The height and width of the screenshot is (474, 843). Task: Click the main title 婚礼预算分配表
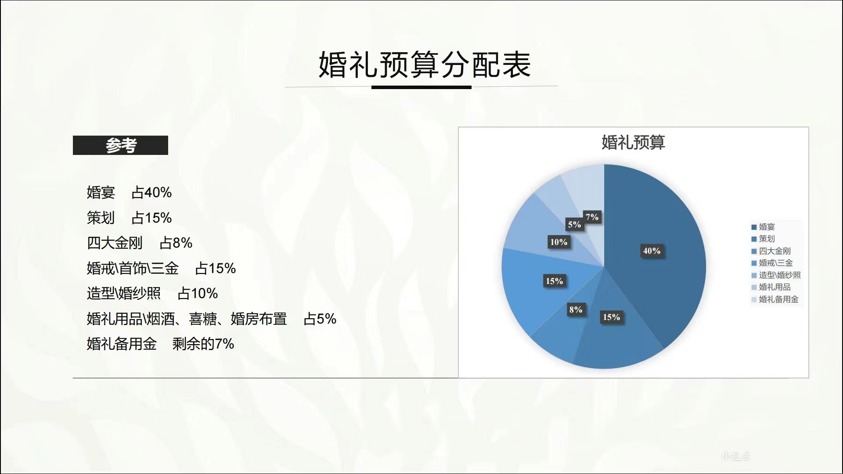point(425,64)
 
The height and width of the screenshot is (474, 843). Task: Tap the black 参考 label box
point(120,145)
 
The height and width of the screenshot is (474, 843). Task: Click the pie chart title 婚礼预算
point(633,142)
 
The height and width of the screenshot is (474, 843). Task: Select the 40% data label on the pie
point(652,251)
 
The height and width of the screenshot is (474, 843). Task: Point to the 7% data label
point(592,217)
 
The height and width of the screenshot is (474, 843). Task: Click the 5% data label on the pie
point(574,225)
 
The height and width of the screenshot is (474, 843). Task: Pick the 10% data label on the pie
point(558,242)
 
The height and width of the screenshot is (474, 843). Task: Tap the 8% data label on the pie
point(576,309)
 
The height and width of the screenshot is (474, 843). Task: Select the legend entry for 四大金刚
point(771,251)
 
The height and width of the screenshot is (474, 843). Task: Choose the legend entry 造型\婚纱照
point(776,275)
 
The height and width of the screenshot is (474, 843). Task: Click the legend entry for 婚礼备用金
point(775,299)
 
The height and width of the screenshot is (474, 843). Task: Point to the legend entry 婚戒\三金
point(772,263)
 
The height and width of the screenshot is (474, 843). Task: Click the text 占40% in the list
point(151,192)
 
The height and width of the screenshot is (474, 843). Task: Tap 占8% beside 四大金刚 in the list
point(176,243)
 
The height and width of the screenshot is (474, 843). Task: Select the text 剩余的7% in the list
point(203,344)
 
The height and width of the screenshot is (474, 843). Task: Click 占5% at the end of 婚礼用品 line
point(320,319)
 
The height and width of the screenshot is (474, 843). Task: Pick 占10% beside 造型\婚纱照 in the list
point(198,293)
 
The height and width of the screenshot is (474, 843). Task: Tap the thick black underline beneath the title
point(421,87)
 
